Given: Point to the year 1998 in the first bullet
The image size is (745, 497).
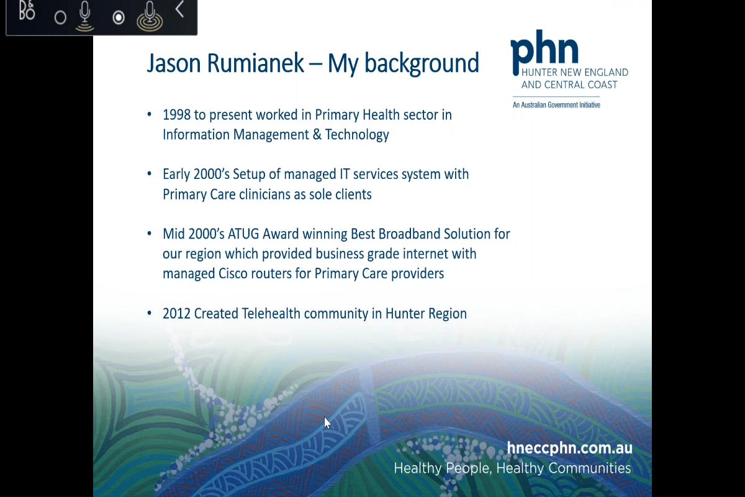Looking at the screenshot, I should click(177, 115).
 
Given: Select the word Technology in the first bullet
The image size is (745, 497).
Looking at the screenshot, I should click(357, 135).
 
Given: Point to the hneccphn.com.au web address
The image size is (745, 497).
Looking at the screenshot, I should click(569, 448).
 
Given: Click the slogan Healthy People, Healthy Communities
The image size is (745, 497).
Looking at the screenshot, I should click(512, 468).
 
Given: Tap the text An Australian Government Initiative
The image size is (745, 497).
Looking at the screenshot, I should click(556, 105).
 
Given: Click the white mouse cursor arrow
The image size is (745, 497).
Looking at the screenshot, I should click(327, 422).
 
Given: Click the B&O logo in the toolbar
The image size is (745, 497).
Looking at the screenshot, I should click(27, 11).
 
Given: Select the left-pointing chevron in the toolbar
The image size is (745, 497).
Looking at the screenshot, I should click(179, 9).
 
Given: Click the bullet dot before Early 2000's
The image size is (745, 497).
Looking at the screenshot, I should click(149, 175).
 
